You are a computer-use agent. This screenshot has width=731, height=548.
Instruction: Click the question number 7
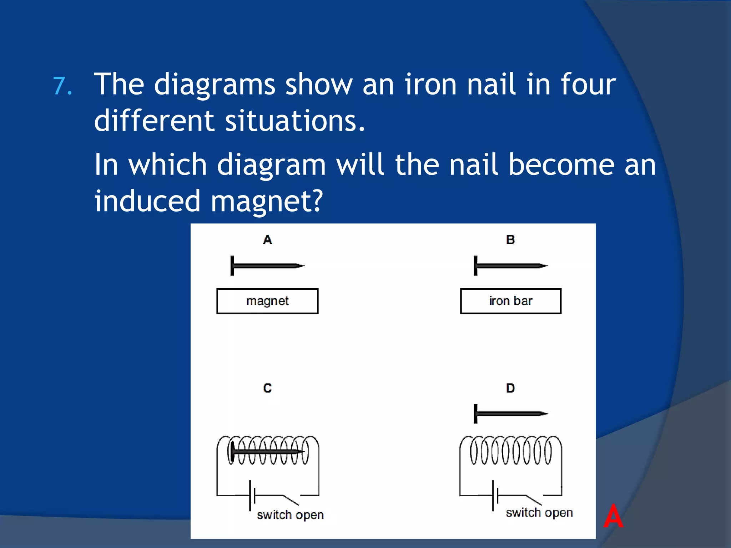(62, 86)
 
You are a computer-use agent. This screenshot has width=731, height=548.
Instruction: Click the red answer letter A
(613, 516)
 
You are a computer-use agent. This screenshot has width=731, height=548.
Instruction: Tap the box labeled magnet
(267, 301)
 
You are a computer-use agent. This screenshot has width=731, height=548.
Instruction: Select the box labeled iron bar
(510, 301)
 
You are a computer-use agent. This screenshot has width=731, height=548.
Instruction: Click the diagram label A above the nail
(267, 240)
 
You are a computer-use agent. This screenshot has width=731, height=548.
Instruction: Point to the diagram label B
(510, 240)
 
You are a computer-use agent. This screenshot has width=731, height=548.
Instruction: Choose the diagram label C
(267, 388)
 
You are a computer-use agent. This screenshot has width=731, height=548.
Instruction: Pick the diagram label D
(510, 388)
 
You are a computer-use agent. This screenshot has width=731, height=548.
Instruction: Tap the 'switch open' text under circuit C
(290, 515)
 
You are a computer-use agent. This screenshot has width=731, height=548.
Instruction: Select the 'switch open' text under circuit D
(539, 513)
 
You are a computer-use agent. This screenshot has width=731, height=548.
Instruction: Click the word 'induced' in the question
(147, 201)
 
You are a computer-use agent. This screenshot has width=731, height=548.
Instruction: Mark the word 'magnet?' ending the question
(267, 201)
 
